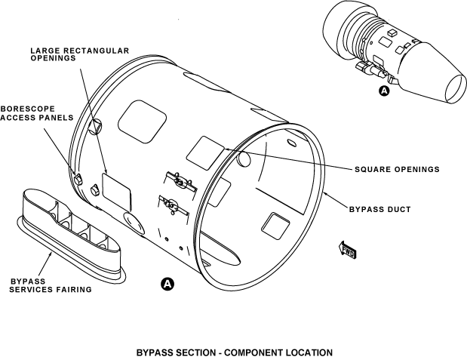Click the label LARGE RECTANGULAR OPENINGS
coord(79,55)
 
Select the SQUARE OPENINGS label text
coord(397,169)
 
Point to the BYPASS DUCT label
coord(380,209)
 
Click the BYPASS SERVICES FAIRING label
coord(50,285)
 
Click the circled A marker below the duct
coord(167,284)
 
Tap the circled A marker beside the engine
coord(383,91)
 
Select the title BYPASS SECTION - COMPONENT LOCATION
coord(234,352)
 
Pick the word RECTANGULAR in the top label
coord(94,51)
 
